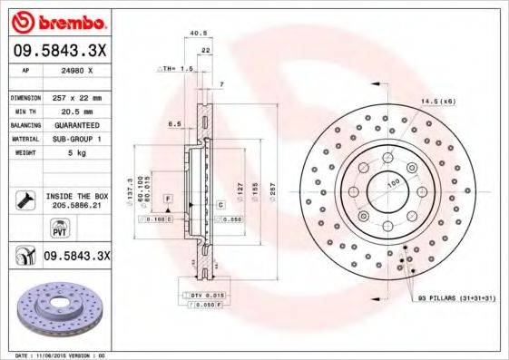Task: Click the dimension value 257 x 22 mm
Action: tap(75, 97)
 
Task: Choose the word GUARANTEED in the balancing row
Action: tap(76, 124)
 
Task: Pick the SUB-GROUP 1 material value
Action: tap(76, 139)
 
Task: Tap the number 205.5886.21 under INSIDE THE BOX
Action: tap(75, 207)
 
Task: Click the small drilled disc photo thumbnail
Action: tap(61, 307)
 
